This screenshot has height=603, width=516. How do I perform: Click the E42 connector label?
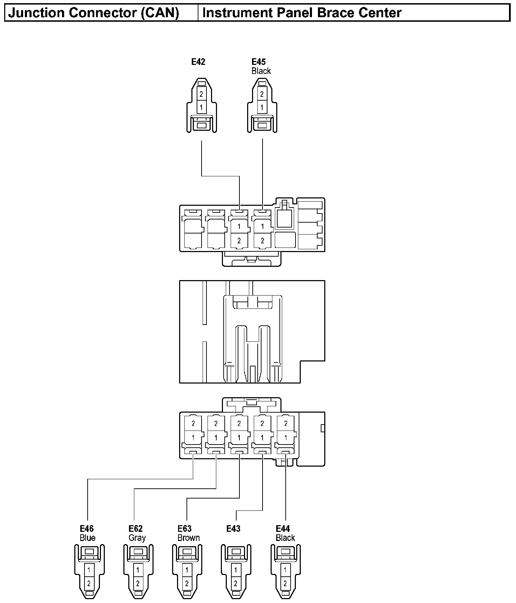pyautogui.click(x=198, y=62)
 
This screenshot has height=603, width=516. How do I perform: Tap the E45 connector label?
pyautogui.click(x=259, y=62)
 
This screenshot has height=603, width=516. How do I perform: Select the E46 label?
pyautogui.click(x=87, y=529)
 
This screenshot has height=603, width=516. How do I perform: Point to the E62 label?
pyautogui.click(x=136, y=529)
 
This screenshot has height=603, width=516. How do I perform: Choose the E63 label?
pyautogui.click(x=185, y=529)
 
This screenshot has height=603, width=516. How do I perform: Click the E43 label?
pyautogui.click(x=233, y=529)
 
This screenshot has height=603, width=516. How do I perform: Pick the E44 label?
pyautogui.click(x=283, y=529)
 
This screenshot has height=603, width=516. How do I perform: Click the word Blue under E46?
pyautogui.click(x=87, y=538)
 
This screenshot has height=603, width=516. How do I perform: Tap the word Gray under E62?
pyautogui.click(x=137, y=538)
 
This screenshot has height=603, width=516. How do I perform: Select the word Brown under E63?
pyautogui.click(x=189, y=538)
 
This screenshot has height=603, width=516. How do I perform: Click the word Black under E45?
pyautogui.click(x=261, y=71)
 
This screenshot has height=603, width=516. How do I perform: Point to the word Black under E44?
pyautogui.click(x=285, y=538)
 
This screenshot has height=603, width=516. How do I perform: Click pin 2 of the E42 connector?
pyautogui.click(x=201, y=94)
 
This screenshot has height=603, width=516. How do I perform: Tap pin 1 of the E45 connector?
pyautogui.click(x=262, y=107)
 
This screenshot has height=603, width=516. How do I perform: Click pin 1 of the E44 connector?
pyautogui.click(x=285, y=570)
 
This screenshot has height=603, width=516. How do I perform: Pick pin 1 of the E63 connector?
pyautogui.click(x=187, y=570)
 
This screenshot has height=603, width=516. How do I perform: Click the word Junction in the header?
pyautogui.click(x=37, y=13)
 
